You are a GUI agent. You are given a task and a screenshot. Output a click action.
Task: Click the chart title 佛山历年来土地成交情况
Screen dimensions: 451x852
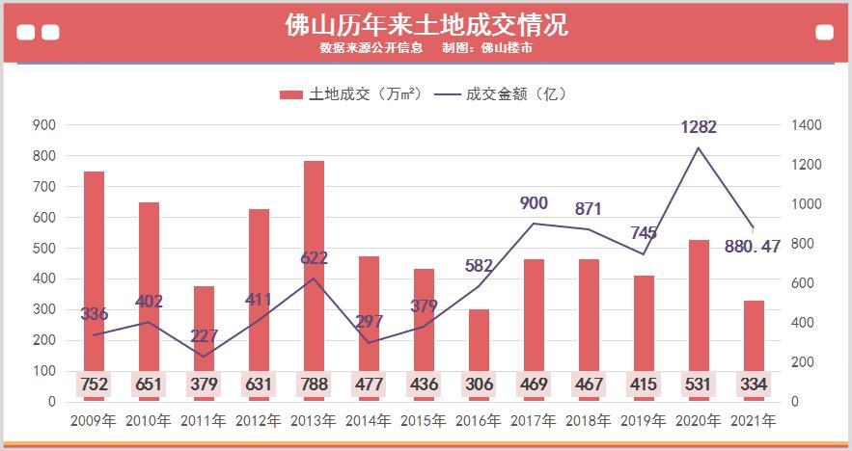click(426, 24)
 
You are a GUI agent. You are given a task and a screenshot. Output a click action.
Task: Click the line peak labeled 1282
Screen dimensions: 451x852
click(699, 148)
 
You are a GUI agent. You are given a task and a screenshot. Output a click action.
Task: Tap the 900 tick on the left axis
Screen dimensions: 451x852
click(44, 125)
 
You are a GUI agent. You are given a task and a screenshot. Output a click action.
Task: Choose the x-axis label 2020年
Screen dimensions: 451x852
click(699, 421)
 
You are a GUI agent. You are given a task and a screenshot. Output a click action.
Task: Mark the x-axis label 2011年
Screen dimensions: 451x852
click(204, 421)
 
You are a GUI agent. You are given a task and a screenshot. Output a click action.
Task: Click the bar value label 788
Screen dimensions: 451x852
click(314, 385)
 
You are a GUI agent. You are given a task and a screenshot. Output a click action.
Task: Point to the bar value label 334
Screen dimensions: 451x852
click(754, 385)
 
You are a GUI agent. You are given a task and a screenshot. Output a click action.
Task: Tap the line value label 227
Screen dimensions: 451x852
click(204, 335)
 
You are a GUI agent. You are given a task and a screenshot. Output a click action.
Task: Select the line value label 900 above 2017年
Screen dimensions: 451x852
click(534, 202)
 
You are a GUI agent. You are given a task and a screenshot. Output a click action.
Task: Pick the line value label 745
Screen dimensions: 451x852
click(644, 232)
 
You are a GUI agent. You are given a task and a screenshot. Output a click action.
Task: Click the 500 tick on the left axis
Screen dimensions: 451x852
click(44, 248)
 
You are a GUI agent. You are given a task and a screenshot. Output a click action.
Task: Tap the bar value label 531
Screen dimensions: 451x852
click(699, 385)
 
